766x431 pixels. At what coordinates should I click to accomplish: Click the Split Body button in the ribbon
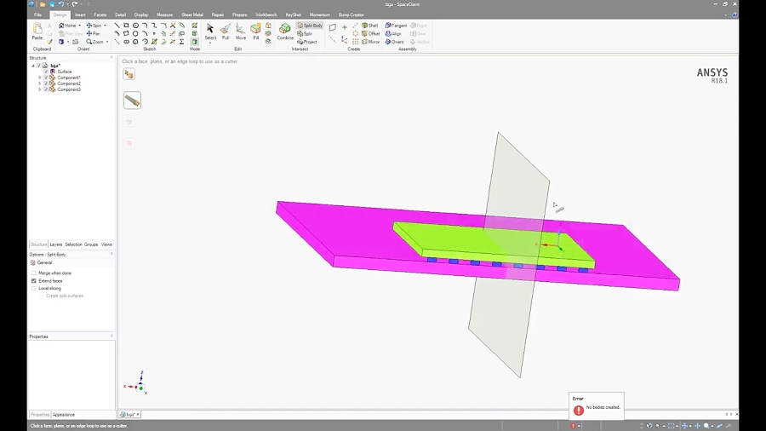point(310,26)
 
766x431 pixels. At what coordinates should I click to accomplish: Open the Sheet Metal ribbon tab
point(192,14)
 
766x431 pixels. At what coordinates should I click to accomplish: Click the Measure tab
point(164,14)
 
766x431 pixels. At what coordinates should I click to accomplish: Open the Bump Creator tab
point(352,14)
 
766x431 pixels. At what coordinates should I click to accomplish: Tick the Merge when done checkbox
point(34,273)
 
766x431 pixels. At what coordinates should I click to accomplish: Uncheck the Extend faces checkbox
point(34,280)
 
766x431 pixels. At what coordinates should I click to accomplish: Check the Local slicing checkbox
point(34,288)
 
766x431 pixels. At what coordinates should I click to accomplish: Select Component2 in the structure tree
point(68,83)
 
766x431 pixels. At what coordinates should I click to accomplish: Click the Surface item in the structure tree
point(65,72)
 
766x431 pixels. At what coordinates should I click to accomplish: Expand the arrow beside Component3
point(39,89)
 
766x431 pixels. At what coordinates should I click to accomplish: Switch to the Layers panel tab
point(56,244)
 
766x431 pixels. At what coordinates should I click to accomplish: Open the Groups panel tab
point(91,244)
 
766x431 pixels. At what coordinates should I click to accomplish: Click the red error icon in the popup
point(579,410)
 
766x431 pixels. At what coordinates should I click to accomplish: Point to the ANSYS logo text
point(712,72)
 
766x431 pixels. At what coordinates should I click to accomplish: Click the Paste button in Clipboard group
point(37,32)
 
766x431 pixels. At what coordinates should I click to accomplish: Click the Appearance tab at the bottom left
point(64,415)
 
